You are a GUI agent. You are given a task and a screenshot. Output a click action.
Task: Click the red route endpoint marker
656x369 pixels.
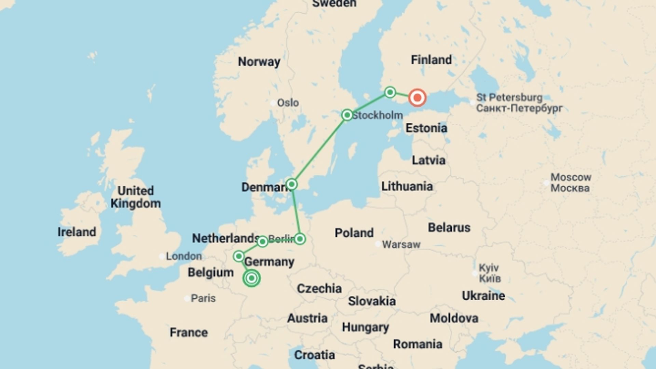pyautogui.click(x=417, y=98)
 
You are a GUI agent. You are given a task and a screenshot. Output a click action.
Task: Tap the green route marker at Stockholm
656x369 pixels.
pyautogui.click(x=347, y=115)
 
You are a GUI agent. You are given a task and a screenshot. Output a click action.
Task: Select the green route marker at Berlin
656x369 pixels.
pyautogui.click(x=300, y=239)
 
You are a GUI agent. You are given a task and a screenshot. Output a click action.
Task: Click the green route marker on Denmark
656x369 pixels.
pyautogui.click(x=291, y=184)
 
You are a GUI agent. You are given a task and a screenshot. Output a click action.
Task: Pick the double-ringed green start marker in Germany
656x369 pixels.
pyautogui.click(x=251, y=278)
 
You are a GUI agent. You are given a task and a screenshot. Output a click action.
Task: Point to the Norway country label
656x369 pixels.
pyautogui.click(x=259, y=62)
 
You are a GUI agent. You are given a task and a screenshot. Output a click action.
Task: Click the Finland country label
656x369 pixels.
pyautogui.click(x=431, y=60)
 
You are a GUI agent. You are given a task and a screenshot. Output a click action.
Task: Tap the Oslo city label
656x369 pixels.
pyautogui.click(x=288, y=103)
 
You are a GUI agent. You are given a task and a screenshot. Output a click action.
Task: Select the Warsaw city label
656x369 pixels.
pyautogui.click(x=401, y=245)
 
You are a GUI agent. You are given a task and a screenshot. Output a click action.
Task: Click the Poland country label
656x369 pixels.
pyautogui.click(x=354, y=233)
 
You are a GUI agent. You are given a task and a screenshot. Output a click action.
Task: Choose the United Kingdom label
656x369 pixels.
pyautogui.click(x=136, y=197)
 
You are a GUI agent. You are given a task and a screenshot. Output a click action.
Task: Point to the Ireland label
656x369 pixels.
pyautogui.click(x=77, y=232)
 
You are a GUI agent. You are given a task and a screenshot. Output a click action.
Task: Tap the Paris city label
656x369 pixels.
pyautogui.click(x=203, y=298)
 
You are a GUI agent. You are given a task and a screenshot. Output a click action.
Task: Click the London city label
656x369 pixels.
pyautogui.click(x=183, y=256)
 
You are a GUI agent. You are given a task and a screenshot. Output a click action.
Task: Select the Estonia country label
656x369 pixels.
pyautogui.click(x=426, y=128)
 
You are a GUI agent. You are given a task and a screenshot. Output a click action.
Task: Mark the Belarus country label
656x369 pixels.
pyautogui.click(x=449, y=228)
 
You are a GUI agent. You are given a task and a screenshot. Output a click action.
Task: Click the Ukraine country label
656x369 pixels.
pyautogui.click(x=483, y=296)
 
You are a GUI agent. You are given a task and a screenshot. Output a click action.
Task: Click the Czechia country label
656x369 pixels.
pyautogui.click(x=319, y=289)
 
